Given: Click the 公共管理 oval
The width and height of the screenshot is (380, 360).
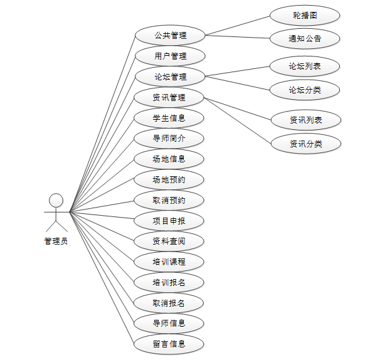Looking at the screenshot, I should click(170, 35).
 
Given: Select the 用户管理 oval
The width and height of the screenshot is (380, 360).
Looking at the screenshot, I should click(170, 56).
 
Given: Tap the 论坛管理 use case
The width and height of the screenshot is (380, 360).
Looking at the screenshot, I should click(170, 77).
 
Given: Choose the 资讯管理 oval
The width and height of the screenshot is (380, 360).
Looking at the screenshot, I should click(169, 97).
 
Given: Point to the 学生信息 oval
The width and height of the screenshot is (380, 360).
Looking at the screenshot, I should click(169, 118).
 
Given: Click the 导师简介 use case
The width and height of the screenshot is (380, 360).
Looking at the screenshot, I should click(169, 139).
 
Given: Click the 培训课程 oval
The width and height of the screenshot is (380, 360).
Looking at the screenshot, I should click(169, 262).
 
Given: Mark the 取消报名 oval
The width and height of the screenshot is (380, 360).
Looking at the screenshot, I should click(169, 303).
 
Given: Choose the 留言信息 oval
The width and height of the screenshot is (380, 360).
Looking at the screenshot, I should click(169, 344).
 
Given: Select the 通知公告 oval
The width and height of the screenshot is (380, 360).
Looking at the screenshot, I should click(305, 38).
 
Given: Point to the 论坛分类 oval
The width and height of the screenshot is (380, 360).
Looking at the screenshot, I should click(305, 90).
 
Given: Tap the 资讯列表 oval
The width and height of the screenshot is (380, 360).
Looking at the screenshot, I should click(306, 119).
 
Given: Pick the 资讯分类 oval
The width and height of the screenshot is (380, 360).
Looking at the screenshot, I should click(306, 144).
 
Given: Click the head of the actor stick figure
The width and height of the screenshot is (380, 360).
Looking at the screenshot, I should click(56, 200).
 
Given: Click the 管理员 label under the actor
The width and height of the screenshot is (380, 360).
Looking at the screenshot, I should click(56, 241).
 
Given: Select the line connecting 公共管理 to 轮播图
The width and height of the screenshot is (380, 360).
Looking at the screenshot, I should click(238, 26).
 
